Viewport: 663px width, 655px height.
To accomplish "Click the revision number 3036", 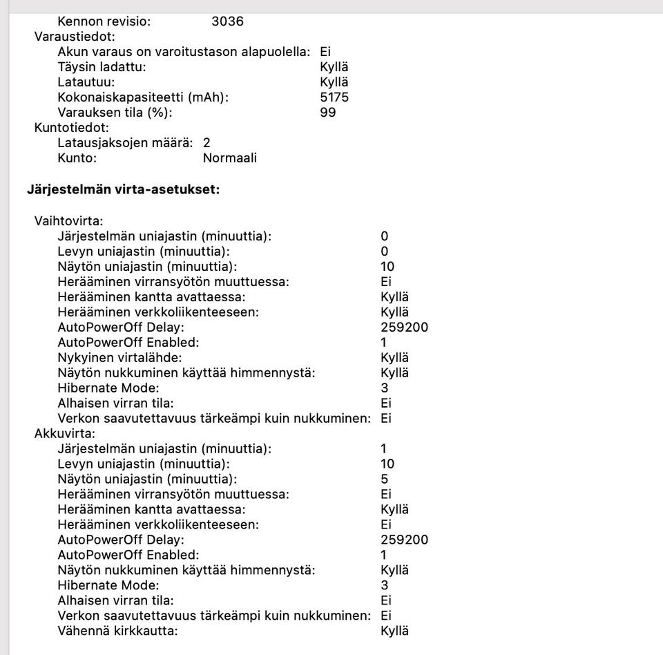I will pos(227,21).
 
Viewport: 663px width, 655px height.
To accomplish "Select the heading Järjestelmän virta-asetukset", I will pos(123,189).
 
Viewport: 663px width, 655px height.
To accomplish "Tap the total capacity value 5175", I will pos(334,97).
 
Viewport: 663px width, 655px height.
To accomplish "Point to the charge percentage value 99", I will pos(328,113).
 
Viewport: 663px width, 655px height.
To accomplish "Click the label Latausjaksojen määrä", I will pos(125,143).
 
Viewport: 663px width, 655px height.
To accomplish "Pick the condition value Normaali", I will pos(229,158).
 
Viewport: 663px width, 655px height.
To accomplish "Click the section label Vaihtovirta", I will pos(68,221).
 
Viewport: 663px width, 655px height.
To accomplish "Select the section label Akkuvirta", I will pos(65,434).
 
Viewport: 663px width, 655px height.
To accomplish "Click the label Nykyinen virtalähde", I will pos(119,358).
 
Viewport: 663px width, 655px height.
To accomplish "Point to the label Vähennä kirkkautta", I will pos(117,632).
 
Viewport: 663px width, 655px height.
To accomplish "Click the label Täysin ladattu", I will pos(102,67).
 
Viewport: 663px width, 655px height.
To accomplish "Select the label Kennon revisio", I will pos(104,21).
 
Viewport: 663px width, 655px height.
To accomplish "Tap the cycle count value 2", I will pos(206,143).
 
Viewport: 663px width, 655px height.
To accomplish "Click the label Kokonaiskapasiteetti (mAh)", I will pos(143,97).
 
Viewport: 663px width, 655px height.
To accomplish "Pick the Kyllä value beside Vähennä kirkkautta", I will pos(394,632).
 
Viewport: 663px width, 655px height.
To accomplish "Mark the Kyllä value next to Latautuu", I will pos(334,82).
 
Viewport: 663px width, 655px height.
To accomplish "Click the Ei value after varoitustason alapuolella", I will pos(325,52).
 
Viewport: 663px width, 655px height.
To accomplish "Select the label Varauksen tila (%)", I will pos(115,113).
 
